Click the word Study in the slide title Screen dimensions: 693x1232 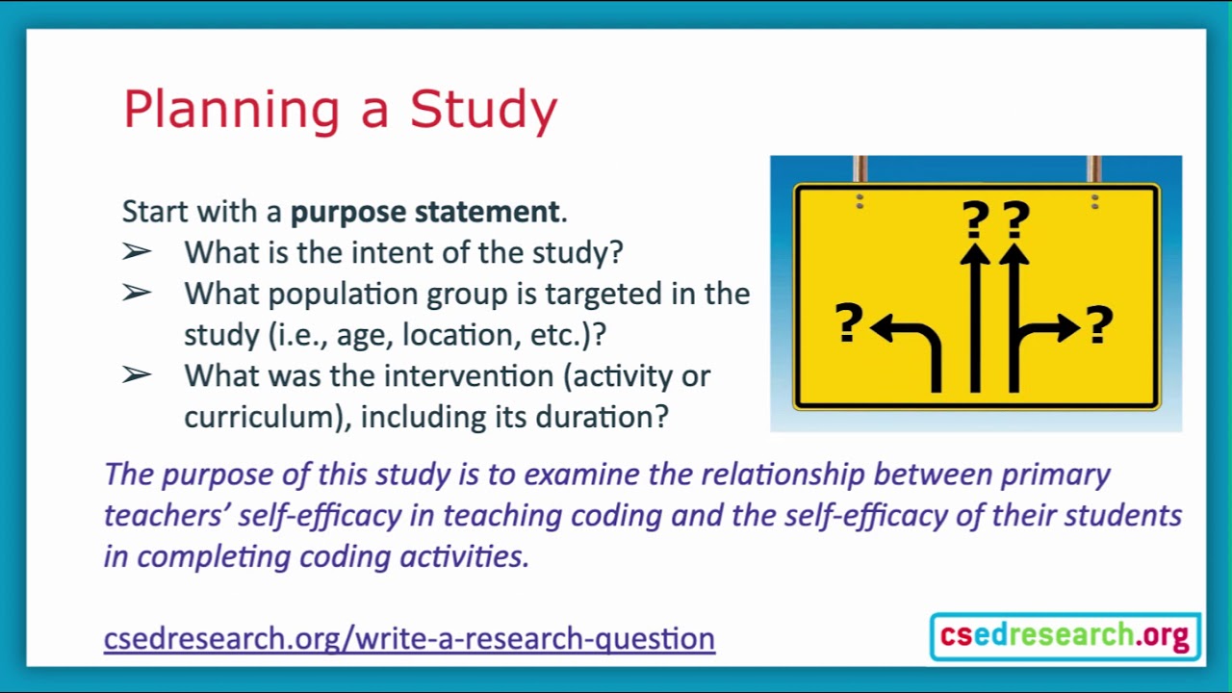(x=483, y=110)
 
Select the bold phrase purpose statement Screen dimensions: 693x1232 (x=424, y=211)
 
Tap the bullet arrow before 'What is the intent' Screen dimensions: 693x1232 (x=137, y=252)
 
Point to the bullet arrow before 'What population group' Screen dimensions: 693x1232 (x=137, y=294)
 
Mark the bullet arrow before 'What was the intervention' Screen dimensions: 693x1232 (x=137, y=375)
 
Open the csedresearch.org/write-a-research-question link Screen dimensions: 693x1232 (x=409, y=638)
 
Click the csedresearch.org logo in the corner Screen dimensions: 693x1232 (x=1065, y=636)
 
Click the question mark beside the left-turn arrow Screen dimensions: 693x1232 (x=848, y=323)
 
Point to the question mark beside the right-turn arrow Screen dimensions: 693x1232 (x=1099, y=325)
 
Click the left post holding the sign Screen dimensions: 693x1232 (x=860, y=169)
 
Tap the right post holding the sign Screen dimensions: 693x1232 (x=1094, y=169)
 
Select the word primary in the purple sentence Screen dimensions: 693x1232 (x=1056, y=474)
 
